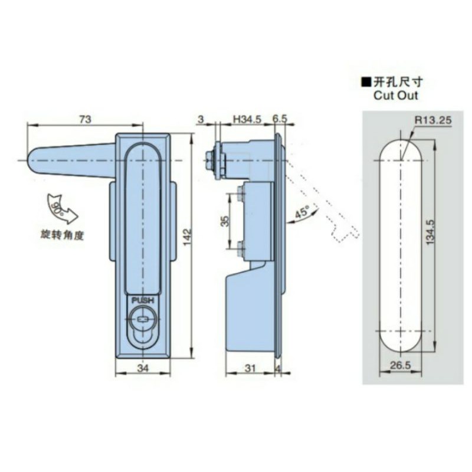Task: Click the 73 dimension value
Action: tap(85, 119)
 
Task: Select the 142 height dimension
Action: tap(187, 237)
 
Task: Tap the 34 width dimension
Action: tap(143, 368)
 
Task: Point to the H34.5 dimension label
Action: tap(247, 119)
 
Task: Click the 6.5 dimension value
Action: tap(280, 119)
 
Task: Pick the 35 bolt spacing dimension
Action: tap(225, 221)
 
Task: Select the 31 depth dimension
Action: tap(250, 368)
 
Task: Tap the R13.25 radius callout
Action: tap(434, 120)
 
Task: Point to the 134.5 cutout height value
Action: tap(431, 231)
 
